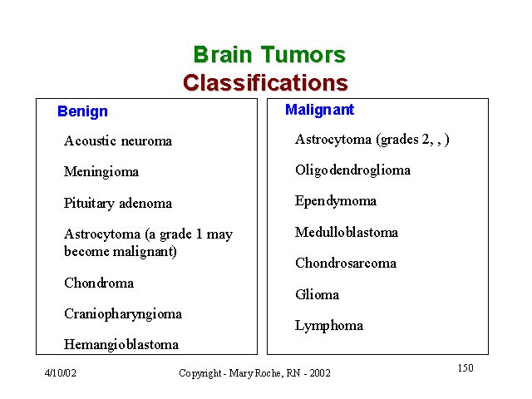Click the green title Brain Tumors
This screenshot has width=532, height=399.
(269, 55)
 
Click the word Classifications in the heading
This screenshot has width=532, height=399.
(266, 83)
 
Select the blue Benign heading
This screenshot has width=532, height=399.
(82, 111)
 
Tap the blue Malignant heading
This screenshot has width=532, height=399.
(319, 110)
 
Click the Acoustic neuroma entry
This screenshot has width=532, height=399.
(118, 140)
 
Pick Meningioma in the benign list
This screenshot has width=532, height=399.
(101, 172)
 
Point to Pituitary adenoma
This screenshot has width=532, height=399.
(118, 203)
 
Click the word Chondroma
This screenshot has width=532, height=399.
(99, 283)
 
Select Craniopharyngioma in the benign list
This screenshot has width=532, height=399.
(123, 314)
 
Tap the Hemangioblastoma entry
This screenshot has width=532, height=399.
(121, 344)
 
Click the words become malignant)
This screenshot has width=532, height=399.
(121, 251)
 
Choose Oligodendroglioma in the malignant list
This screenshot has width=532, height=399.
(352, 170)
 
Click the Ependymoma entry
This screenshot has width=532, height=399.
(336, 201)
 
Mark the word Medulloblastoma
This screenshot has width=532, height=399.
(347, 232)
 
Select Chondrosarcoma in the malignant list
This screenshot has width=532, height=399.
(346, 263)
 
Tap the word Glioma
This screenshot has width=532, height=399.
(318, 294)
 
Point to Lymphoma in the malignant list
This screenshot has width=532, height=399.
(329, 326)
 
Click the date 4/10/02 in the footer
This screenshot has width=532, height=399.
(61, 373)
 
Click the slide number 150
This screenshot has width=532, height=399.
(465, 367)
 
